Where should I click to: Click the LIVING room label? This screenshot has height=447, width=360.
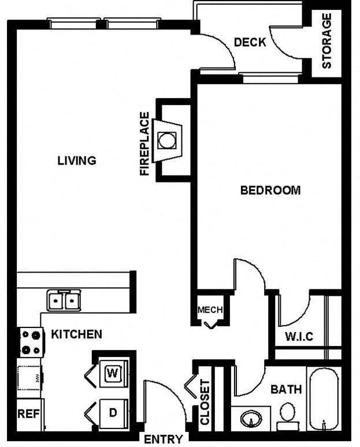coord(76,161)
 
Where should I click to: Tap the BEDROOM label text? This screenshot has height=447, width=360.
coord(270,190)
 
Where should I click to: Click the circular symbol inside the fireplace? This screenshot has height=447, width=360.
coord(166,140)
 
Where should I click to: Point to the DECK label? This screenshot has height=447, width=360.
coord(250,42)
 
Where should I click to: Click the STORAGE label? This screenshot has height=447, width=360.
coord(327,41)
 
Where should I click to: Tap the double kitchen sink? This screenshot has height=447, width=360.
coord(63,300)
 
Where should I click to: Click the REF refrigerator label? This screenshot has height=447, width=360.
coord(28,414)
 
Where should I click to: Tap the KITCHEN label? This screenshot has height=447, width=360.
coord(77,334)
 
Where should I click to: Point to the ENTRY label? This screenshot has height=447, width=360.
coord(163,439)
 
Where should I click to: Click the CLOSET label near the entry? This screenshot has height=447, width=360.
coord(205,403)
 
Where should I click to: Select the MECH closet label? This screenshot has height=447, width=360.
coord(210,310)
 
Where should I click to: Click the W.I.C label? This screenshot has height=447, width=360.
coord(299,337)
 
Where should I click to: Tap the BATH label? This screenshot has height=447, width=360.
coord(286,389)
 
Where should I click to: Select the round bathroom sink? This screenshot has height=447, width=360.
coord(251,418)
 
